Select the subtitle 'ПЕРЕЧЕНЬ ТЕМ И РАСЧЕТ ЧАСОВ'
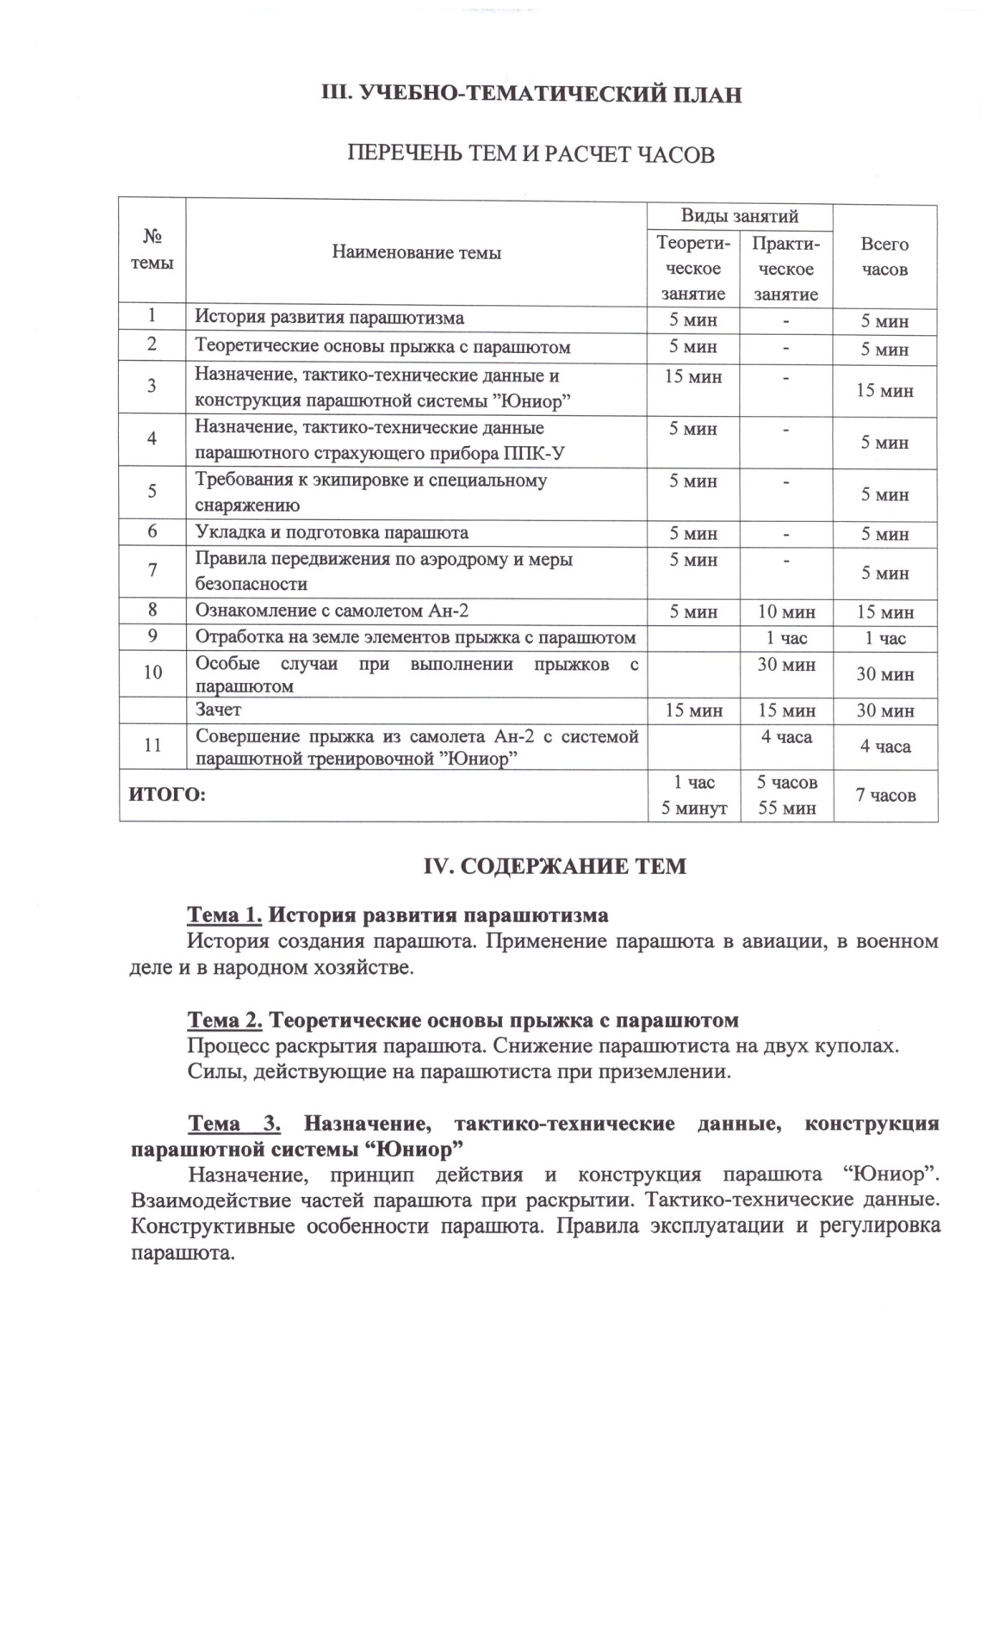point(531,155)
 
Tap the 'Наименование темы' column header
point(416,252)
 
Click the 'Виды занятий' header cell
point(739,215)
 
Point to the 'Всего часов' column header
point(884,257)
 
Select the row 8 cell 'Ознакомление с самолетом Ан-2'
point(332,611)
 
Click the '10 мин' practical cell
point(785,611)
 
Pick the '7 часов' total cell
point(884,795)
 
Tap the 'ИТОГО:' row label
point(167,795)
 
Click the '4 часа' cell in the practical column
point(786,737)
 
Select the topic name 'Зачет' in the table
point(218,710)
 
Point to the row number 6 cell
point(152,532)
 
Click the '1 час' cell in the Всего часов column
point(884,638)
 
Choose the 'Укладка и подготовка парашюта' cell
point(332,532)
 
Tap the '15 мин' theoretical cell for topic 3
point(693,376)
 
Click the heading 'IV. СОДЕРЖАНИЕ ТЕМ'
point(555,866)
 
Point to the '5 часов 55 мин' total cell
point(786,795)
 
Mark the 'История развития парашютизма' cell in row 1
point(329,317)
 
